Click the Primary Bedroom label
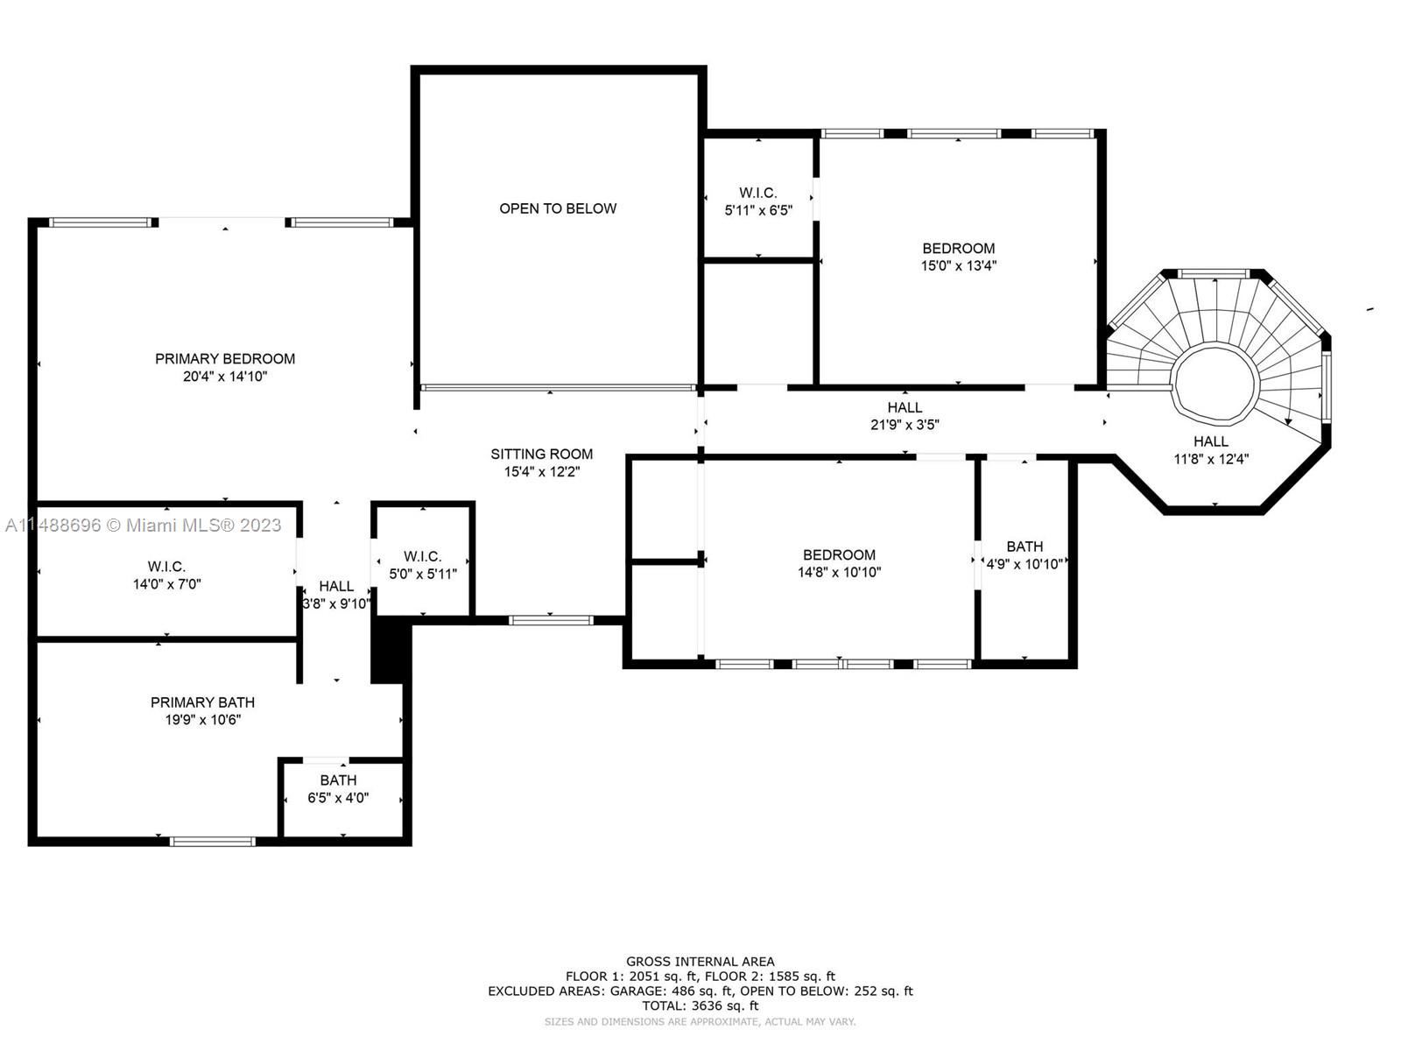point(225,358)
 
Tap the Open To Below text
point(558,208)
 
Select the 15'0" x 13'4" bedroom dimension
point(958,266)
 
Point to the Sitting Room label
point(541,454)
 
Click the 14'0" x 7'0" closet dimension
point(166,584)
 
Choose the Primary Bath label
point(202,702)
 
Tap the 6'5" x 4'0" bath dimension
point(338,798)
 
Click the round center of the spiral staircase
point(1215,385)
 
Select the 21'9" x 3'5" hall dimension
point(904,425)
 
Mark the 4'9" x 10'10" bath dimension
point(1024,564)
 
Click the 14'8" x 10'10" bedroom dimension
point(839,573)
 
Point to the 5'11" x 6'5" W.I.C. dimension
point(757,210)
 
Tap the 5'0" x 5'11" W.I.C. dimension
point(423,575)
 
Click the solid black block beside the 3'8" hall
point(391,650)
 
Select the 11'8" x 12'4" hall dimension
point(1210,459)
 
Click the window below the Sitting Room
point(552,620)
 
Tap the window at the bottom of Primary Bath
point(213,842)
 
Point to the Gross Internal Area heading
point(700,962)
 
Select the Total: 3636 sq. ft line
point(700,1006)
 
